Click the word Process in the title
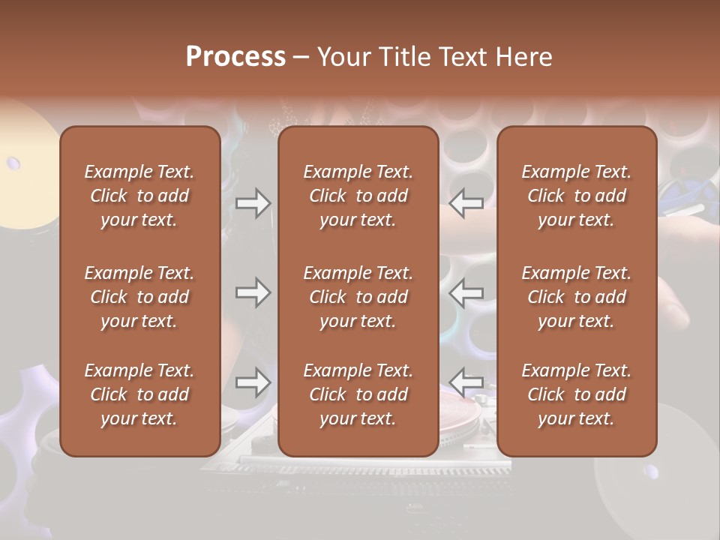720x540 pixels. coord(235,57)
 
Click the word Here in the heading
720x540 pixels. coord(522,57)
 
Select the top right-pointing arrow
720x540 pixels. coord(253,203)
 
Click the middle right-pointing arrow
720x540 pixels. coord(253,292)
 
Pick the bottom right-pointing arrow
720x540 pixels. coord(253,382)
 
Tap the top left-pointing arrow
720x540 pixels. coord(466,203)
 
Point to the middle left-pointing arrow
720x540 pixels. coord(466,292)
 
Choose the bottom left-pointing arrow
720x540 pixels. coord(466,382)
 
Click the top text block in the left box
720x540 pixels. coord(139,196)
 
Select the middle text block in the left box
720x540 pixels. coord(139,297)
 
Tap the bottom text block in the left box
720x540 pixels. coord(139,394)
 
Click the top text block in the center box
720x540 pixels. coord(358,196)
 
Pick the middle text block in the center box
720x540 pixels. coord(358,297)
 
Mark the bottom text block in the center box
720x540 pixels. coord(358,394)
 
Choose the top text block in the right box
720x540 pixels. coord(577,196)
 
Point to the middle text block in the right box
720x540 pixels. coord(577,297)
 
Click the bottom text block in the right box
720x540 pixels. coord(577,394)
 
